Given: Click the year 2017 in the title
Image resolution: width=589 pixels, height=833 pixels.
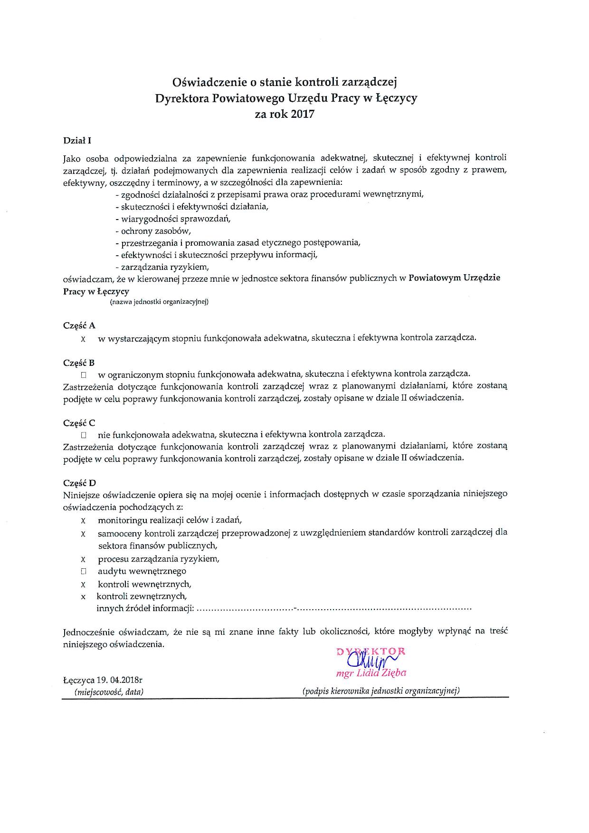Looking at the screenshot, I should pyautogui.click(x=303, y=114).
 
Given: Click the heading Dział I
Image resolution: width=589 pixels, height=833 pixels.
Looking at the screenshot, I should pyautogui.click(x=76, y=141).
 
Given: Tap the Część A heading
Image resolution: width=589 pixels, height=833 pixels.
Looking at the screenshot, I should pyautogui.click(x=79, y=326).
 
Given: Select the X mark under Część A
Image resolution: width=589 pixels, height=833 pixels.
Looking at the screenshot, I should pyautogui.click(x=83, y=339).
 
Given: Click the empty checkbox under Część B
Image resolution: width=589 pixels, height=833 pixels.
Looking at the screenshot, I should pyautogui.click(x=83, y=375).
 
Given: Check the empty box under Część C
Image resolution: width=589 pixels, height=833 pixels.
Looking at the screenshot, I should pyautogui.click(x=83, y=435).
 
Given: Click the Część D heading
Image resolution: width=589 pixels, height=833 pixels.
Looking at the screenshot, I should pyautogui.click(x=80, y=482).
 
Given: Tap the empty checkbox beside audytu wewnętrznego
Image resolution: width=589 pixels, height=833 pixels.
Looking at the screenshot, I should pyautogui.click(x=83, y=572).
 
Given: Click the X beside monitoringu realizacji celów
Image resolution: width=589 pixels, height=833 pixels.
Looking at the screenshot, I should pyautogui.click(x=83, y=521).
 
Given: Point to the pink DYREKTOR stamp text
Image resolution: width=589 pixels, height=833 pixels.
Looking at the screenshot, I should pyautogui.click(x=371, y=651).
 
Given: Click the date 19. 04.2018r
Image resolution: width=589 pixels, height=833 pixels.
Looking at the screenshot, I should pyautogui.click(x=115, y=680).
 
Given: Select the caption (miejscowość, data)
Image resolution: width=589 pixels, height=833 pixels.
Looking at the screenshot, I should pyautogui.click(x=109, y=692).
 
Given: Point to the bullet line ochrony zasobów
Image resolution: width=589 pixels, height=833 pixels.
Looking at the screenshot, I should pyautogui.click(x=152, y=231).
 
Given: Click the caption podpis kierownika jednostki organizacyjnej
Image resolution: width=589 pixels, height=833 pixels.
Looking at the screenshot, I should pyautogui.click(x=381, y=691).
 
